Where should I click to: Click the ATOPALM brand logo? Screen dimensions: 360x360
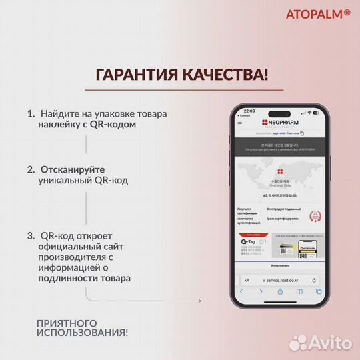pos(318,14)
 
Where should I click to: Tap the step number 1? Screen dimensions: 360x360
pos(31,114)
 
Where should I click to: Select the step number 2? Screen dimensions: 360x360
pos(31,170)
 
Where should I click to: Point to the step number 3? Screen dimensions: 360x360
pos(31,236)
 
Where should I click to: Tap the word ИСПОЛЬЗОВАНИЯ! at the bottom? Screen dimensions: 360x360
pos(83,332)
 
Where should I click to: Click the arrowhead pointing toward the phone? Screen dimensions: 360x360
pos(199,301)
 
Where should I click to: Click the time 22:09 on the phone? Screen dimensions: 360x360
pos(249,111)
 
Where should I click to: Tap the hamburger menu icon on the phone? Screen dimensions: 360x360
pos(241,124)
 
